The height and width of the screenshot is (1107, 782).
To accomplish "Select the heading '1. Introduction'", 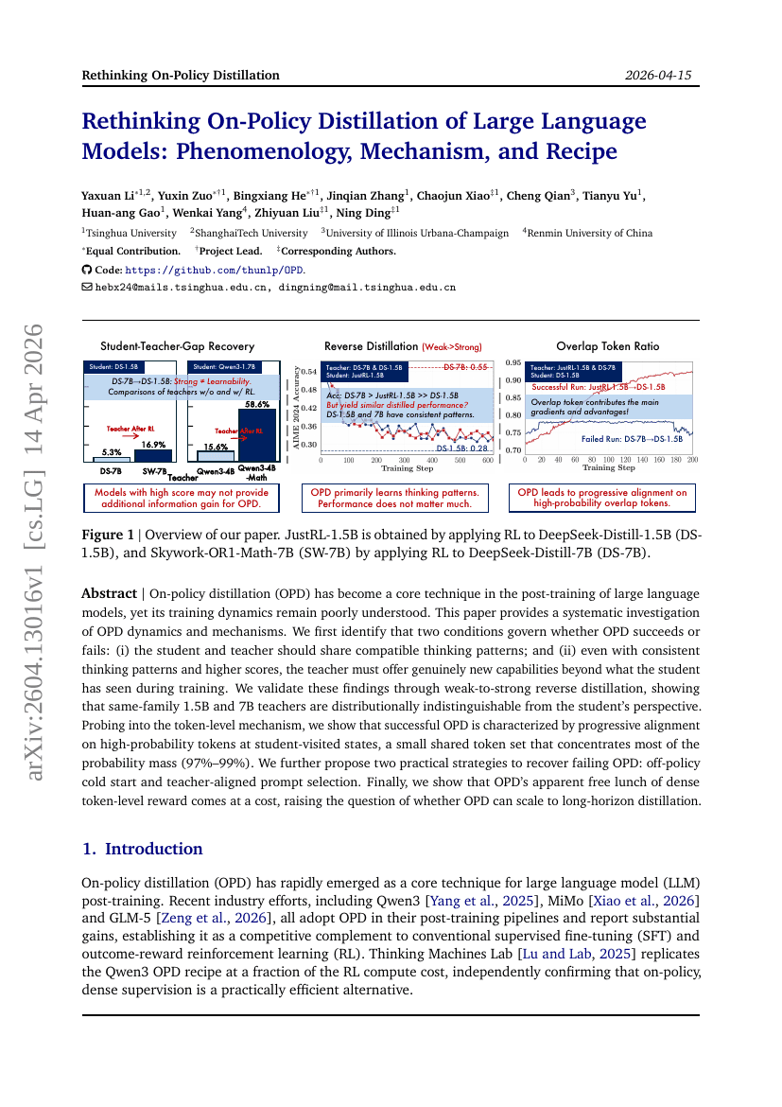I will tap(143, 849).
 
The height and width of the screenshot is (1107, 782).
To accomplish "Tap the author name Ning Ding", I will tap(364, 214).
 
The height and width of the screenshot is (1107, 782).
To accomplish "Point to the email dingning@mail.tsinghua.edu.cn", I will tap(367, 286).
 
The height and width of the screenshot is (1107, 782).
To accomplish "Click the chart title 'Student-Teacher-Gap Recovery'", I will tap(178, 346).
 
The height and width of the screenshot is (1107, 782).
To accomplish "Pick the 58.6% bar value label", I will tap(257, 404).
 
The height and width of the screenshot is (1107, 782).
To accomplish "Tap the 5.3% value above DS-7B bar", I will tap(111, 452).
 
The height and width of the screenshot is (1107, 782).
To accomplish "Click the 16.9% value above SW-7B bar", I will tap(154, 444).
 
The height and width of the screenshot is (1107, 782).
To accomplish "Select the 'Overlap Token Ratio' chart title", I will tap(607, 346).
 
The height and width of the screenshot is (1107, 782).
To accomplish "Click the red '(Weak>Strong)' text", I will tap(451, 347).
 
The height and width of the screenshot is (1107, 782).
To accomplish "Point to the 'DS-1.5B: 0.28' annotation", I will tap(461, 448).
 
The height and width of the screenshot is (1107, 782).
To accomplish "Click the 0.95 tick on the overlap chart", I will tap(513, 362).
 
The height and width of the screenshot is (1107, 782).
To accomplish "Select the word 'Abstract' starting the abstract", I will tap(109, 593).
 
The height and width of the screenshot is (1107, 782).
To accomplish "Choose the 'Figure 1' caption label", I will tap(108, 535).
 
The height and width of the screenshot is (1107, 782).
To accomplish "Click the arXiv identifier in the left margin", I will tap(35, 553).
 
